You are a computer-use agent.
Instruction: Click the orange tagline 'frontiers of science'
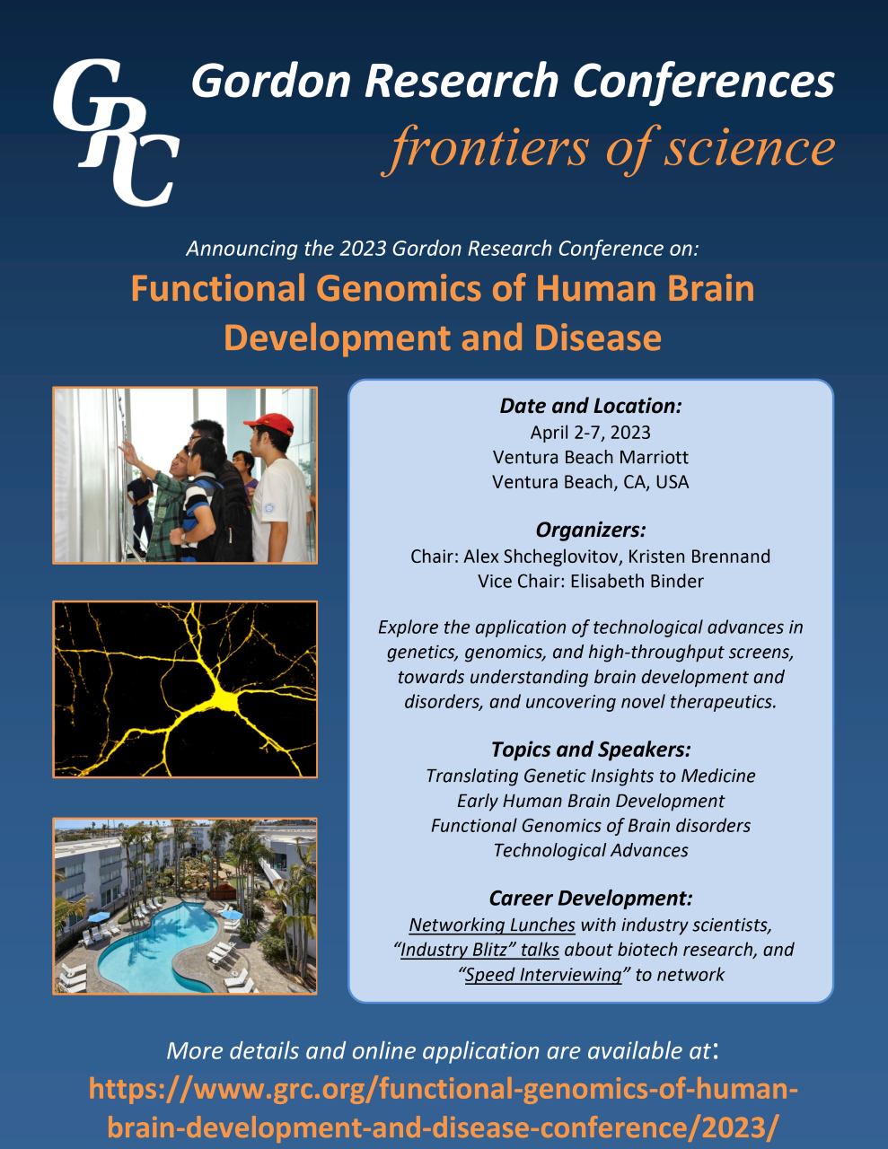pos(608,149)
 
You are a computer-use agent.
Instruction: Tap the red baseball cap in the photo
pos(270,424)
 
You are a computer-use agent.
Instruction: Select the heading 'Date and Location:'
pos(591,406)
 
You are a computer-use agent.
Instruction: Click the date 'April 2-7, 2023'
pos(591,433)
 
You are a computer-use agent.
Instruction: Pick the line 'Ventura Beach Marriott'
pos(591,457)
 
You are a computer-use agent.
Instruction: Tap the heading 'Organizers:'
pos(591,530)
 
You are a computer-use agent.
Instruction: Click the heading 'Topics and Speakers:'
pos(591,750)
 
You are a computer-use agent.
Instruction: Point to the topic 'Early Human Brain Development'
pos(591,801)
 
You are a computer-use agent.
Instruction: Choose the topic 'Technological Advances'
pos(591,850)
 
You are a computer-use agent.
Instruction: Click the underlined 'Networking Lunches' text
pos(492,925)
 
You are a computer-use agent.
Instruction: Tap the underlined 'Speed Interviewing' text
pos(543,975)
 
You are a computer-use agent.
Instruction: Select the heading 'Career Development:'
pos(591,899)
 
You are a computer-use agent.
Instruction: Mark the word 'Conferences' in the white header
pos(704,82)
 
